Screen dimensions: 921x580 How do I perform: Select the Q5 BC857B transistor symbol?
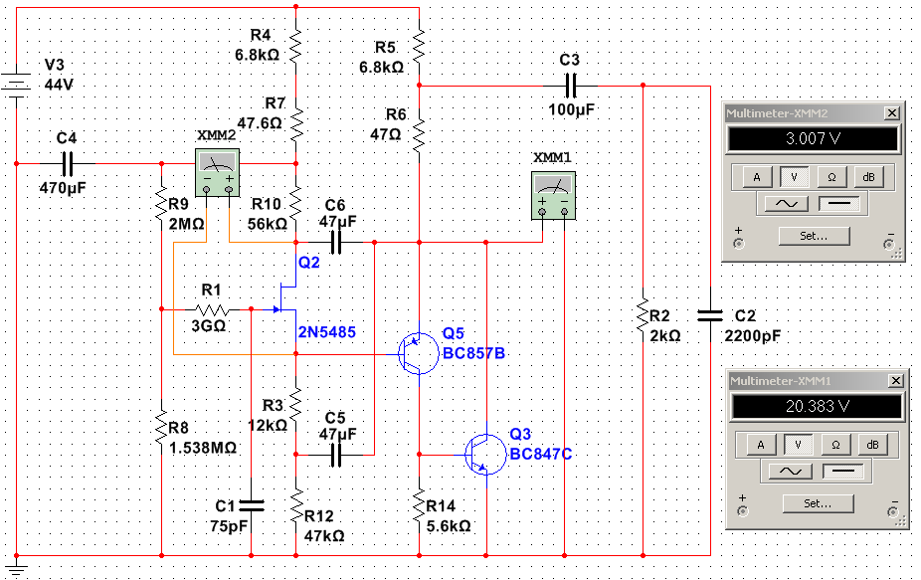418,354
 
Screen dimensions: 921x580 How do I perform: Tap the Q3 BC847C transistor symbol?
485,455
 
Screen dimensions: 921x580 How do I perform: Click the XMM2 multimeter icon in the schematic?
218,172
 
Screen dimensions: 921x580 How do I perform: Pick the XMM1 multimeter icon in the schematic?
553,196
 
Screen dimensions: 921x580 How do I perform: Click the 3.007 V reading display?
813,138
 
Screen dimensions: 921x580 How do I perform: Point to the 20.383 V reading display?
817,406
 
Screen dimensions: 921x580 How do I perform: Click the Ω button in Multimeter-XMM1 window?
835,445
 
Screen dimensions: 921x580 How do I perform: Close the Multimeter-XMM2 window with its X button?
891,112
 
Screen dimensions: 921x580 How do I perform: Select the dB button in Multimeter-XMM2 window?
868,177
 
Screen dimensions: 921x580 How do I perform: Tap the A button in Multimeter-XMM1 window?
761,445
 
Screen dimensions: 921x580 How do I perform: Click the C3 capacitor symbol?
570,86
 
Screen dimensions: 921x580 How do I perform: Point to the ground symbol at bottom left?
16,568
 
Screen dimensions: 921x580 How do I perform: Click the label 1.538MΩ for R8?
203,448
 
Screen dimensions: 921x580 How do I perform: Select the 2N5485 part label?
326,332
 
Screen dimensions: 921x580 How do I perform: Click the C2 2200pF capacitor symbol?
709,316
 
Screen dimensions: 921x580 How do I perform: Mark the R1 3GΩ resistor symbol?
212,309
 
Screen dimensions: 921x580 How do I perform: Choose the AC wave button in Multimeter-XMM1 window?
790,471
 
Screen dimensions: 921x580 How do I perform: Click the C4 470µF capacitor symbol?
67,164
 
